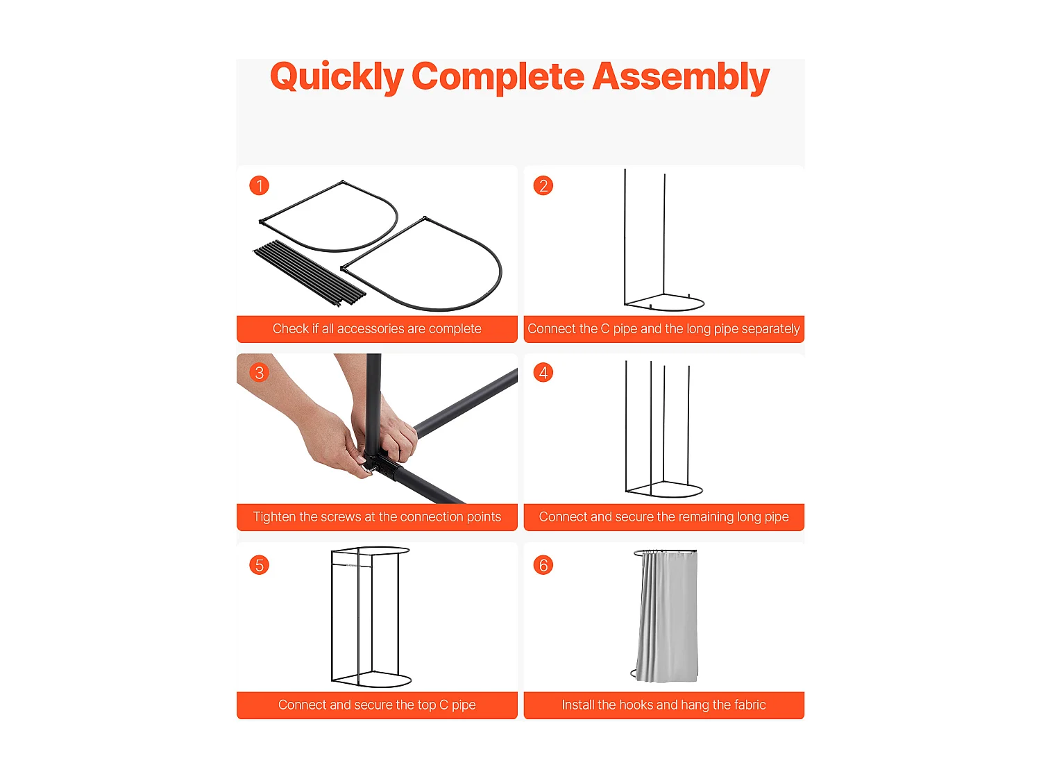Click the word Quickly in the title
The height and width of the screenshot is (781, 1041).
coord(337,77)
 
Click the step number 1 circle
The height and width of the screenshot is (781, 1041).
coord(259,185)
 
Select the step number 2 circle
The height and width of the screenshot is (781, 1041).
coord(543,185)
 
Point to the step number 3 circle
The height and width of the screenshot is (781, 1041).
coord(259,372)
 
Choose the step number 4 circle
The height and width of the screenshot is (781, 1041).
coord(543,372)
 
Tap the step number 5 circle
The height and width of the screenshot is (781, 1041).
coord(259,565)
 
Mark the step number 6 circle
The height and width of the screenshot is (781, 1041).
coord(543,565)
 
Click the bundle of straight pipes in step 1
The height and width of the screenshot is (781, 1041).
coord(310,274)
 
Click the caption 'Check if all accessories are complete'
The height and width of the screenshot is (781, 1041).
coord(377,328)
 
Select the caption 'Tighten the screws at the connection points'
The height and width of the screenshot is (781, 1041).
coord(377,517)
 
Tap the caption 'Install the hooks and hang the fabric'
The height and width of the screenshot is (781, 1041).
coord(663,705)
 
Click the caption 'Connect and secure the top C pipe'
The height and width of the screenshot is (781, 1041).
coord(377,705)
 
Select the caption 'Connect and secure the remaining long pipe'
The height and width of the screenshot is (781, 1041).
coord(663,517)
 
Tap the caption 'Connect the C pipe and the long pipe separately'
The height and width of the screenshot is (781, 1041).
coord(663,328)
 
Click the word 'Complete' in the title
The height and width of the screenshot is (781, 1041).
coord(498,77)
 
